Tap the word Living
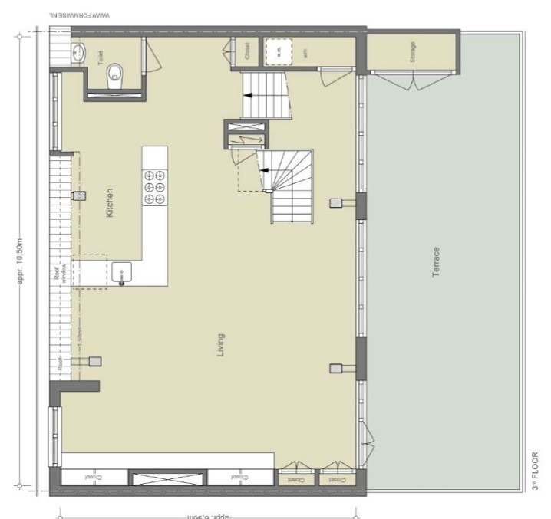pos(221,346)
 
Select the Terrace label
pos(436,262)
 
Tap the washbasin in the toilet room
pos(79,52)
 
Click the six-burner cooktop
pos(154,186)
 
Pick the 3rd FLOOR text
pos(535,472)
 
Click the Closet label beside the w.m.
pos(247,51)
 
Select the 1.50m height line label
pos(79,334)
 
